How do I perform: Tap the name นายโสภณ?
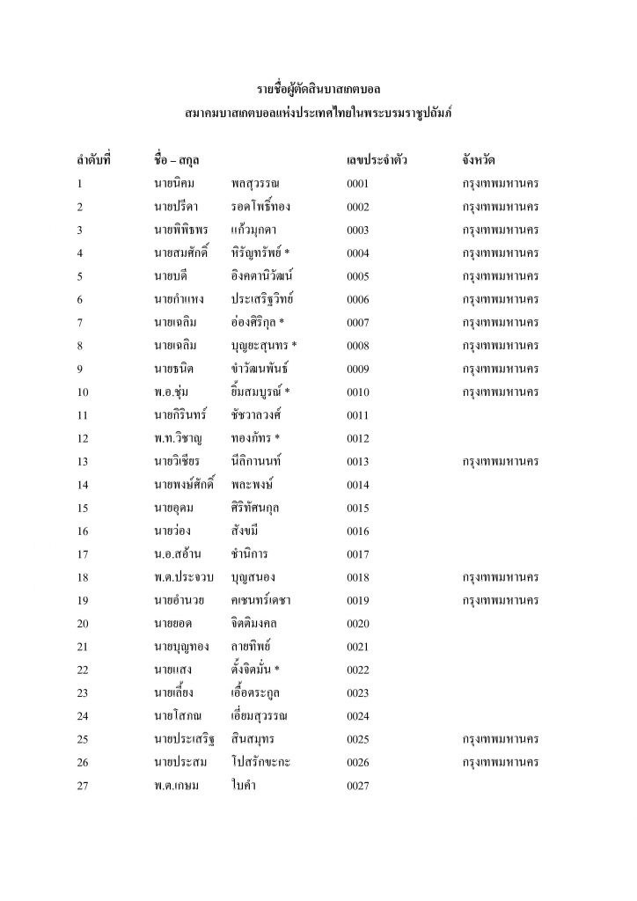[x=174, y=714]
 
